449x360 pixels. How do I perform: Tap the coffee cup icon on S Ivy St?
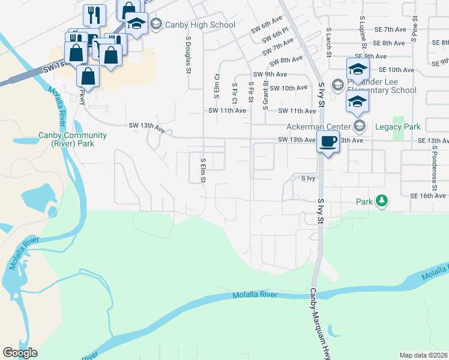[x=328, y=142]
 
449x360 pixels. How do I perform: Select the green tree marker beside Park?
[x=381, y=200]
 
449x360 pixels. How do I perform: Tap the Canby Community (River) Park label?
[x=65, y=140]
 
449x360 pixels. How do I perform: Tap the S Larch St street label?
[x=329, y=41]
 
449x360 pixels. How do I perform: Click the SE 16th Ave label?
[x=429, y=196]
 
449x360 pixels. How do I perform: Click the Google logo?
[x=20, y=353]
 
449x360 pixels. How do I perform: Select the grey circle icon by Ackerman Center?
[x=360, y=125]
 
